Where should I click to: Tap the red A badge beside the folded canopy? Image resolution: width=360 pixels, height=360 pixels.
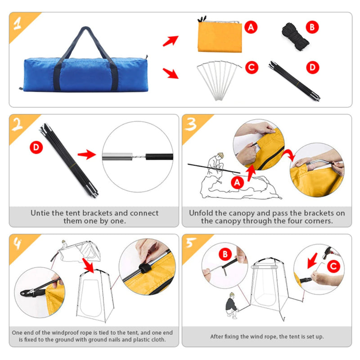[x=251, y=27]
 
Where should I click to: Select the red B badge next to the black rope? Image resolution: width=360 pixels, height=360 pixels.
[x=311, y=27]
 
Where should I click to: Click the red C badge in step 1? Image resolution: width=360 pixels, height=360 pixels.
[x=251, y=68]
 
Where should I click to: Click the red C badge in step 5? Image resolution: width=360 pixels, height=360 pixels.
[x=332, y=267]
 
